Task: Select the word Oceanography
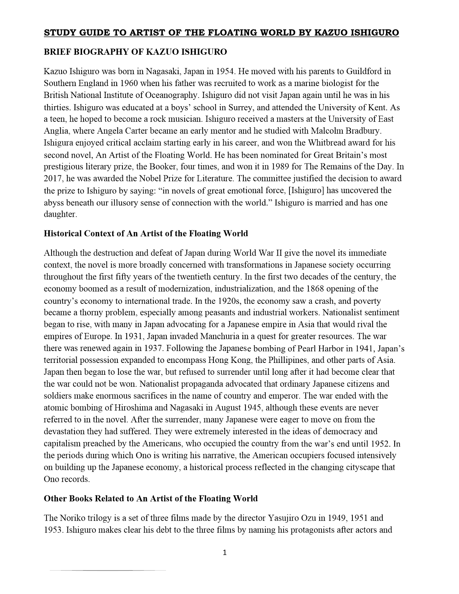[x=172, y=95]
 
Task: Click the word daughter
[x=59, y=214]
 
